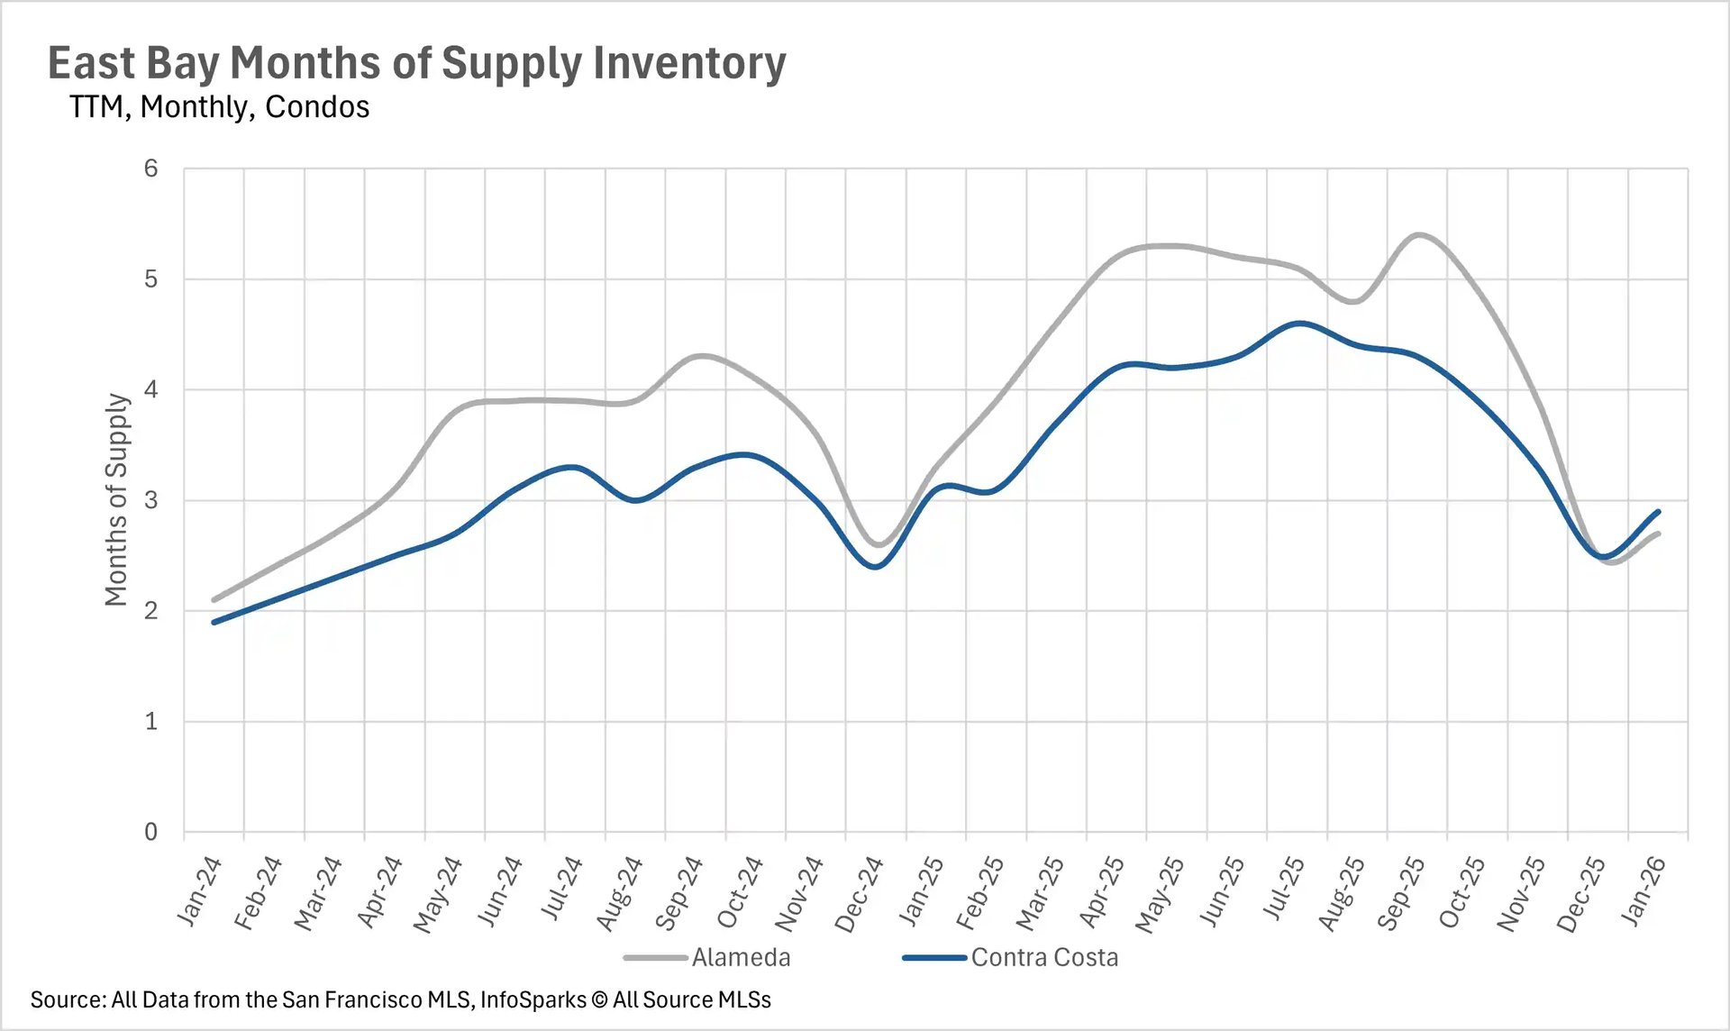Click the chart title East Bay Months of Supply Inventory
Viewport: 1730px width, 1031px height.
click(x=416, y=63)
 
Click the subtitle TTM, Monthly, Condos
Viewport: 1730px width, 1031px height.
click(x=219, y=107)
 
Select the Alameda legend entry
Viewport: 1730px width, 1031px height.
click(x=740, y=957)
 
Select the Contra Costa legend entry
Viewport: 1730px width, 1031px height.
click(x=1043, y=957)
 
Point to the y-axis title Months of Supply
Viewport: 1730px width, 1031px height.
click(x=116, y=499)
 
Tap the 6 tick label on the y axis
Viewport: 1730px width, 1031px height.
click(x=150, y=169)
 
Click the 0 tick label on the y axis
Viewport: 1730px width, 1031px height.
click(x=150, y=832)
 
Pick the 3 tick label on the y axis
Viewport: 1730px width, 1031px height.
click(x=150, y=500)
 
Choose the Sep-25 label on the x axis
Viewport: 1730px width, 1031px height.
click(x=1400, y=892)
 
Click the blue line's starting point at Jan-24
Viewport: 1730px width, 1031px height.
click(x=214, y=622)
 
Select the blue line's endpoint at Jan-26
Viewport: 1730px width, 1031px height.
click(x=1658, y=512)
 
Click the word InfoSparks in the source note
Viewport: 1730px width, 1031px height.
click(x=533, y=999)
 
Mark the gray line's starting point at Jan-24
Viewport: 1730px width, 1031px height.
click(x=214, y=599)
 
